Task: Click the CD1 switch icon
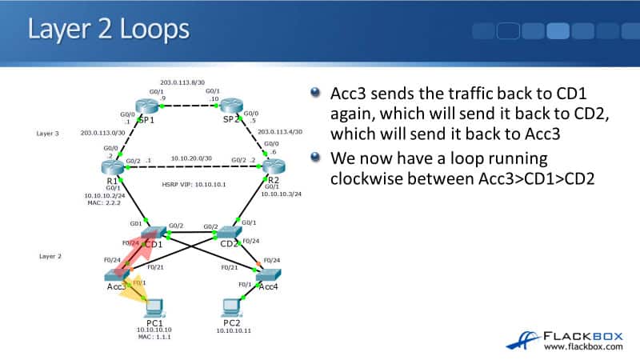click(x=152, y=233)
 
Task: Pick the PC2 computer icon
click(x=233, y=306)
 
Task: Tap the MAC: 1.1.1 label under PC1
click(x=155, y=338)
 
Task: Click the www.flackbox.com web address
click(x=583, y=346)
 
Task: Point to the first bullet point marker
click(x=316, y=94)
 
